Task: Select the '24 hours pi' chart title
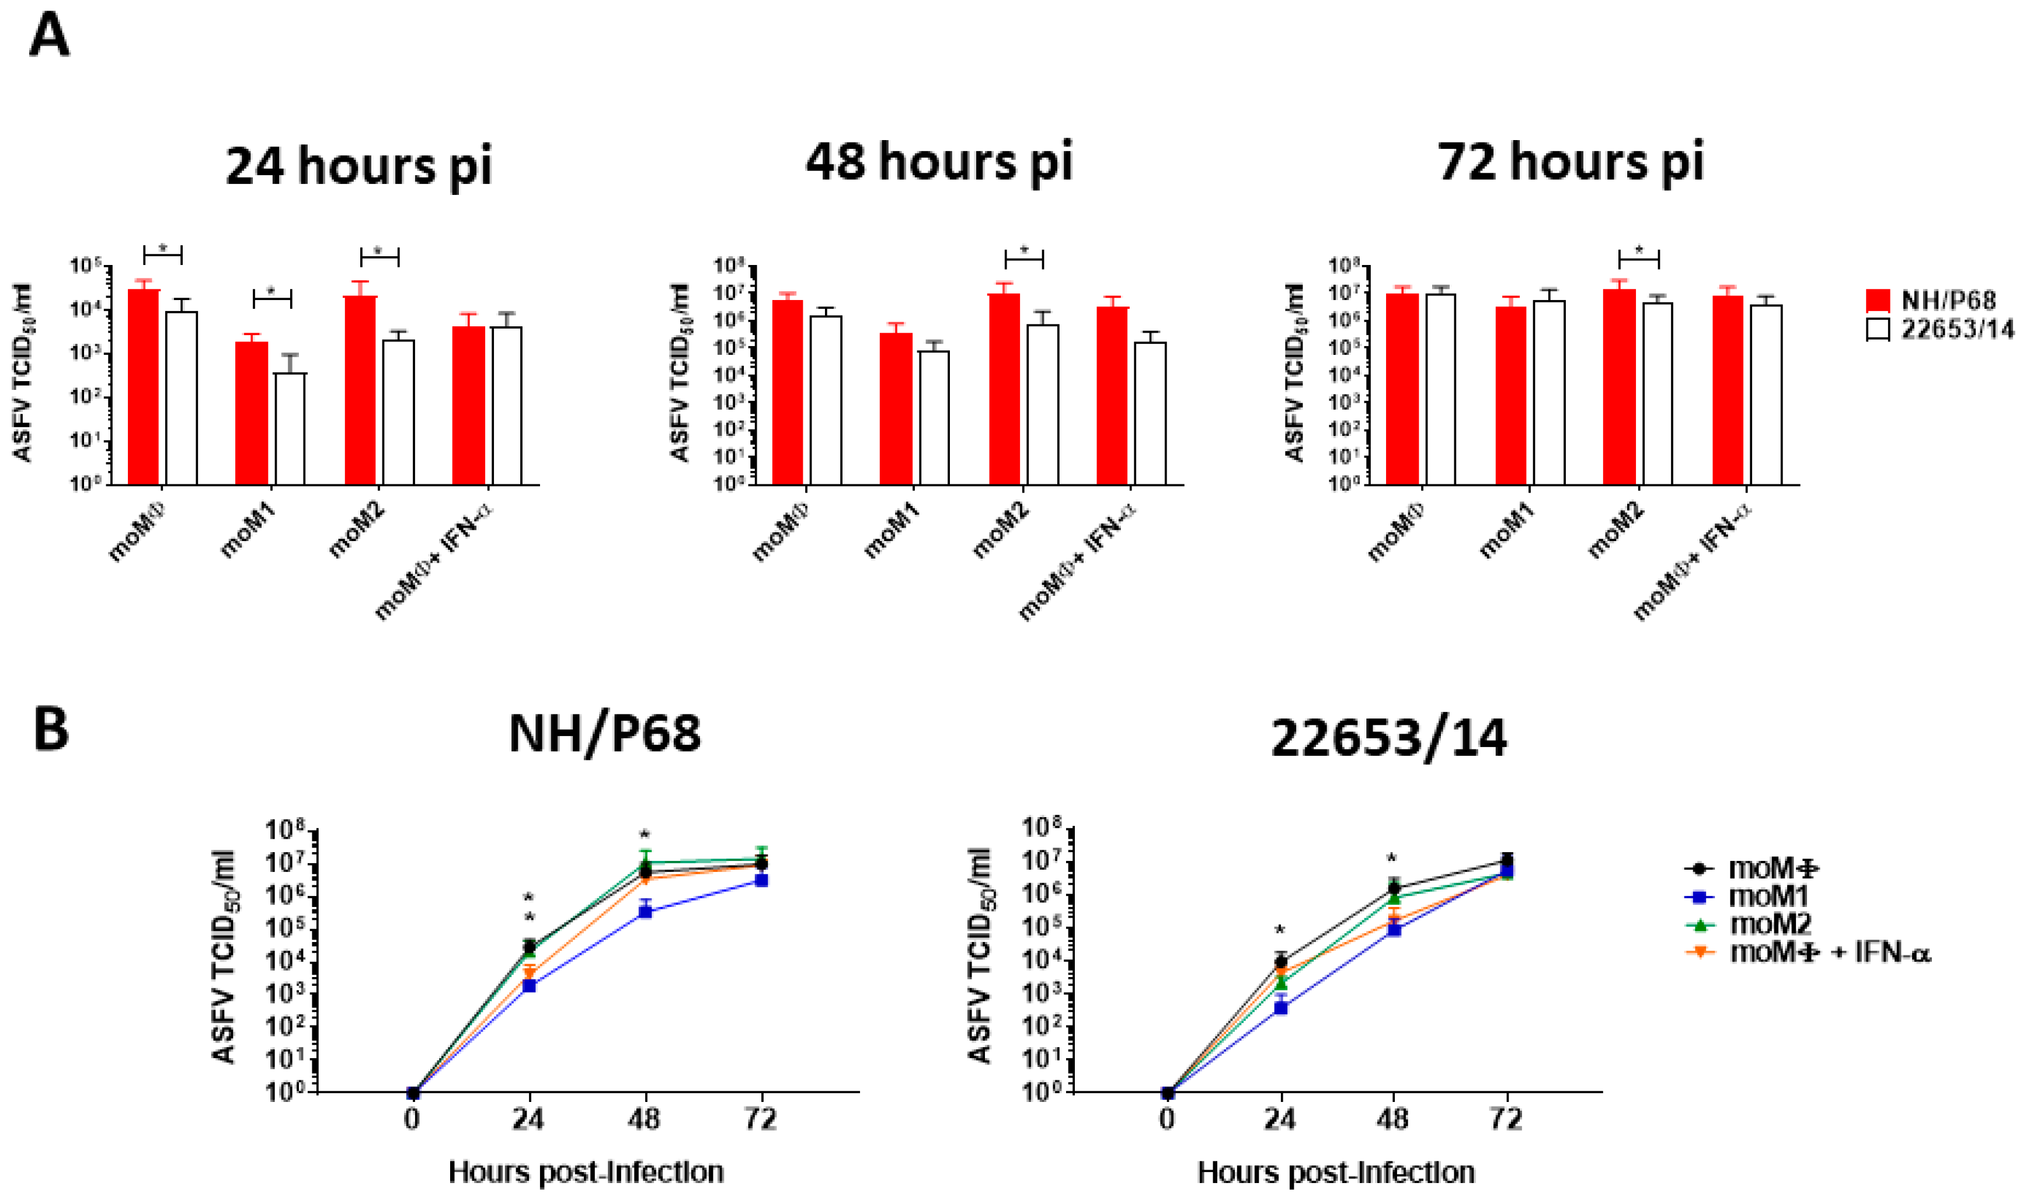pyautogui.click(x=358, y=166)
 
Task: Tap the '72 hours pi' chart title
pyautogui.click(x=1570, y=162)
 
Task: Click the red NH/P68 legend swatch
pyautogui.click(x=1878, y=301)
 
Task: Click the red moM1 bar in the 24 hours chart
pyautogui.click(x=252, y=413)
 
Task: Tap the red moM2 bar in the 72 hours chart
pyautogui.click(x=1618, y=388)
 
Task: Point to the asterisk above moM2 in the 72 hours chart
pyautogui.click(x=1639, y=250)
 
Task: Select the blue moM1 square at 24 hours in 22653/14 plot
pyautogui.click(x=1280, y=1007)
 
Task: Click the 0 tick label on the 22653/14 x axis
pyautogui.click(x=1167, y=1120)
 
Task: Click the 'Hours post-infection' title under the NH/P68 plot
pyautogui.click(x=586, y=1172)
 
